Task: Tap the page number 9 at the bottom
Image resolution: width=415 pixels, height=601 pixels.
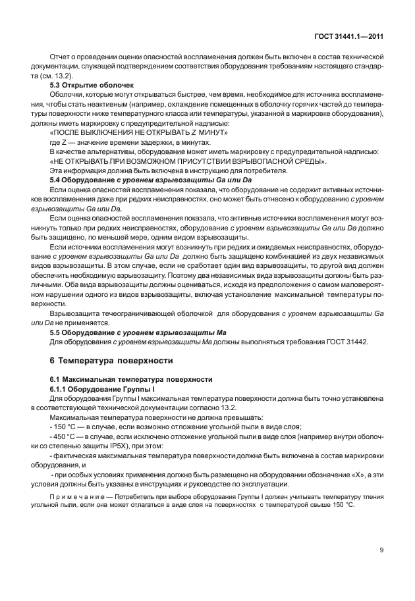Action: coord(381,550)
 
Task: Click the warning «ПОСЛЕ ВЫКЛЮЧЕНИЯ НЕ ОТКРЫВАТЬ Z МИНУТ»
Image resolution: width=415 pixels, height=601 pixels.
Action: coord(139,132)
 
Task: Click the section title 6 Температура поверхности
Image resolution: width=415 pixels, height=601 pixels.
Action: coord(111,361)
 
